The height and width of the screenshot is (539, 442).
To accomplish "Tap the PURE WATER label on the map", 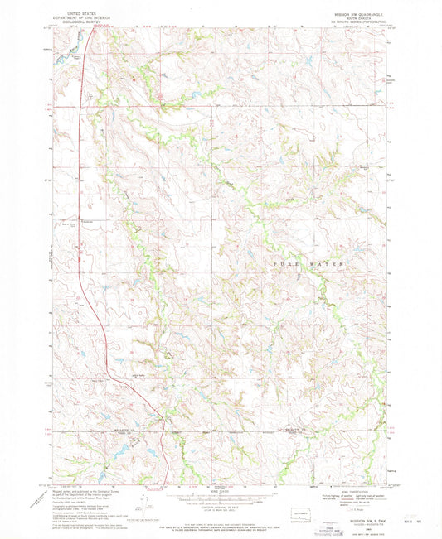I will pyautogui.click(x=307, y=263).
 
